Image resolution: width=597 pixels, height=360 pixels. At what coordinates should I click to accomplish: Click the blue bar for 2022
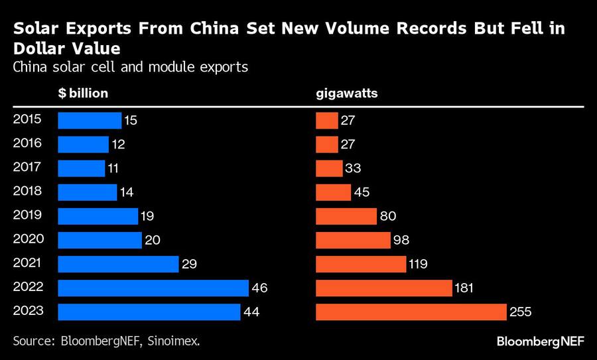click(153, 288)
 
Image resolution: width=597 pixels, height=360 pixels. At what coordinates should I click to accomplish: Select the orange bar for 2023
click(411, 312)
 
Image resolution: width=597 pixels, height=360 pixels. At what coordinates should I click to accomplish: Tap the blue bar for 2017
click(81, 168)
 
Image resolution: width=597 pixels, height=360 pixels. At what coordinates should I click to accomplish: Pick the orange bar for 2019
click(346, 216)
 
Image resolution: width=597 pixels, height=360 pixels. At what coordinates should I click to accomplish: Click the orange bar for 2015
click(327, 121)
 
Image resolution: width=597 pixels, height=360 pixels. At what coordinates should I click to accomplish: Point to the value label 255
click(521, 312)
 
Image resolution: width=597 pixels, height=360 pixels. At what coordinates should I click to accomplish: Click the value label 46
click(259, 288)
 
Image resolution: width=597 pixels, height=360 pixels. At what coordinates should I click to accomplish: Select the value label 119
click(419, 264)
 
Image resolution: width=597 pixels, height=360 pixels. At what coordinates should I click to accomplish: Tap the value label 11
click(115, 168)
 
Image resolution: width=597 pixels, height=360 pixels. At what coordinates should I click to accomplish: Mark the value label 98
click(401, 240)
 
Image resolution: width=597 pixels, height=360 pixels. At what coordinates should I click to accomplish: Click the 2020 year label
click(27, 239)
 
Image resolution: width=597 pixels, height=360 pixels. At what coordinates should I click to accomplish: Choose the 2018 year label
click(27, 191)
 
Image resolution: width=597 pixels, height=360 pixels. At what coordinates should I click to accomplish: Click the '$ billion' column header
click(83, 93)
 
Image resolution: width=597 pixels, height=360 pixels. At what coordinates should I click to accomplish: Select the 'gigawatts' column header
click(346, 93)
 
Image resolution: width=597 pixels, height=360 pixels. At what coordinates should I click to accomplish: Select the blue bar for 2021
click(118, 264)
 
